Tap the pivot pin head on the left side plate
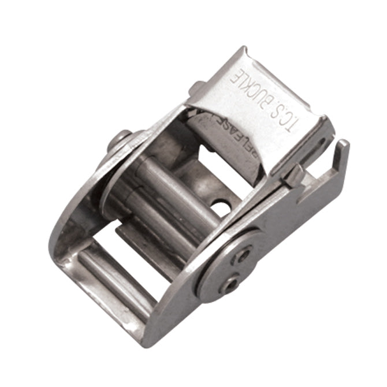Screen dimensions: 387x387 122,140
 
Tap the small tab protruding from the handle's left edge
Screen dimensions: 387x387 196,88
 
